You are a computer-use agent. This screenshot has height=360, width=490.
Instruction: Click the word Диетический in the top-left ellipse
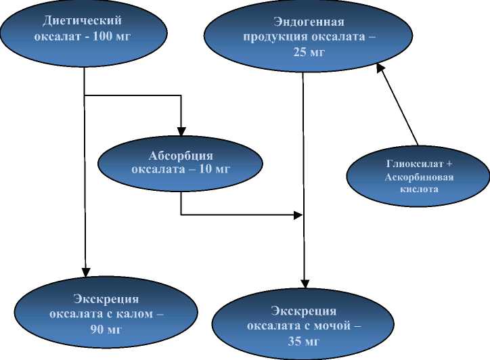[x=83, y=21]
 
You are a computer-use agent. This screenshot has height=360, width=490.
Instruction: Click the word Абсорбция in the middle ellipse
[x=181, y=156]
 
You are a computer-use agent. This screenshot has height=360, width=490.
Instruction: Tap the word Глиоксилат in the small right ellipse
[x=406, y=164]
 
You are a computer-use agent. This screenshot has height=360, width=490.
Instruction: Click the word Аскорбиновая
[x=409, y=177]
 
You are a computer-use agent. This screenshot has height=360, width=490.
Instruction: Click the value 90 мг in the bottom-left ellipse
[x=106, y=330]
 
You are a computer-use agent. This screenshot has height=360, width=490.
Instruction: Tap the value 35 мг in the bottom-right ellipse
[x=303, y=340]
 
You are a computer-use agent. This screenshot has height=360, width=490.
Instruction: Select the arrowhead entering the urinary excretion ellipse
[x=303, y=284]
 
